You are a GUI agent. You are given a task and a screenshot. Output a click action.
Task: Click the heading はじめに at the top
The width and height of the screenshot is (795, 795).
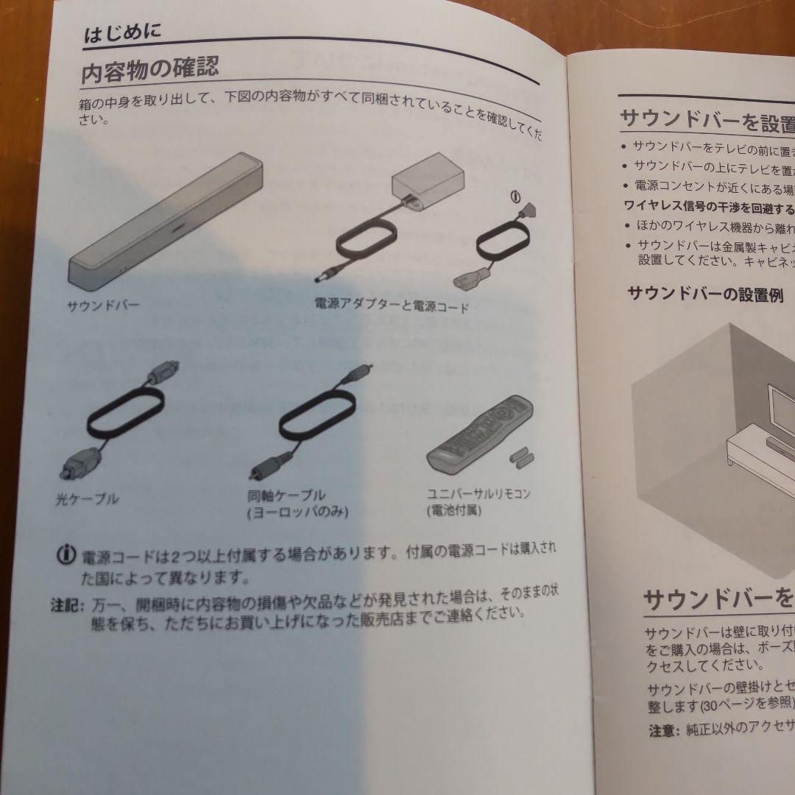122,34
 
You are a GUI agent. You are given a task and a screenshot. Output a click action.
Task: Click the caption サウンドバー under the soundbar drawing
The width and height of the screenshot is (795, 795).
103,303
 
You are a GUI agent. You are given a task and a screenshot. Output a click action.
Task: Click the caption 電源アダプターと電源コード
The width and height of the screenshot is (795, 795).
391,304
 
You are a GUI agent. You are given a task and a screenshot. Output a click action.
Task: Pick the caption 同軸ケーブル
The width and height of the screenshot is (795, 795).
287,495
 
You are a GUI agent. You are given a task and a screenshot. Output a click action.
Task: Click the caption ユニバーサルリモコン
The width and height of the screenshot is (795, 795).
478,494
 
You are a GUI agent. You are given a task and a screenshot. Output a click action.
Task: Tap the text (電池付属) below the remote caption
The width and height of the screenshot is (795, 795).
453,510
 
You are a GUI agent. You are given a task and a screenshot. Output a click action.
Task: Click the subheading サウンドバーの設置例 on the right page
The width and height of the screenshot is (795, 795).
704,295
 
